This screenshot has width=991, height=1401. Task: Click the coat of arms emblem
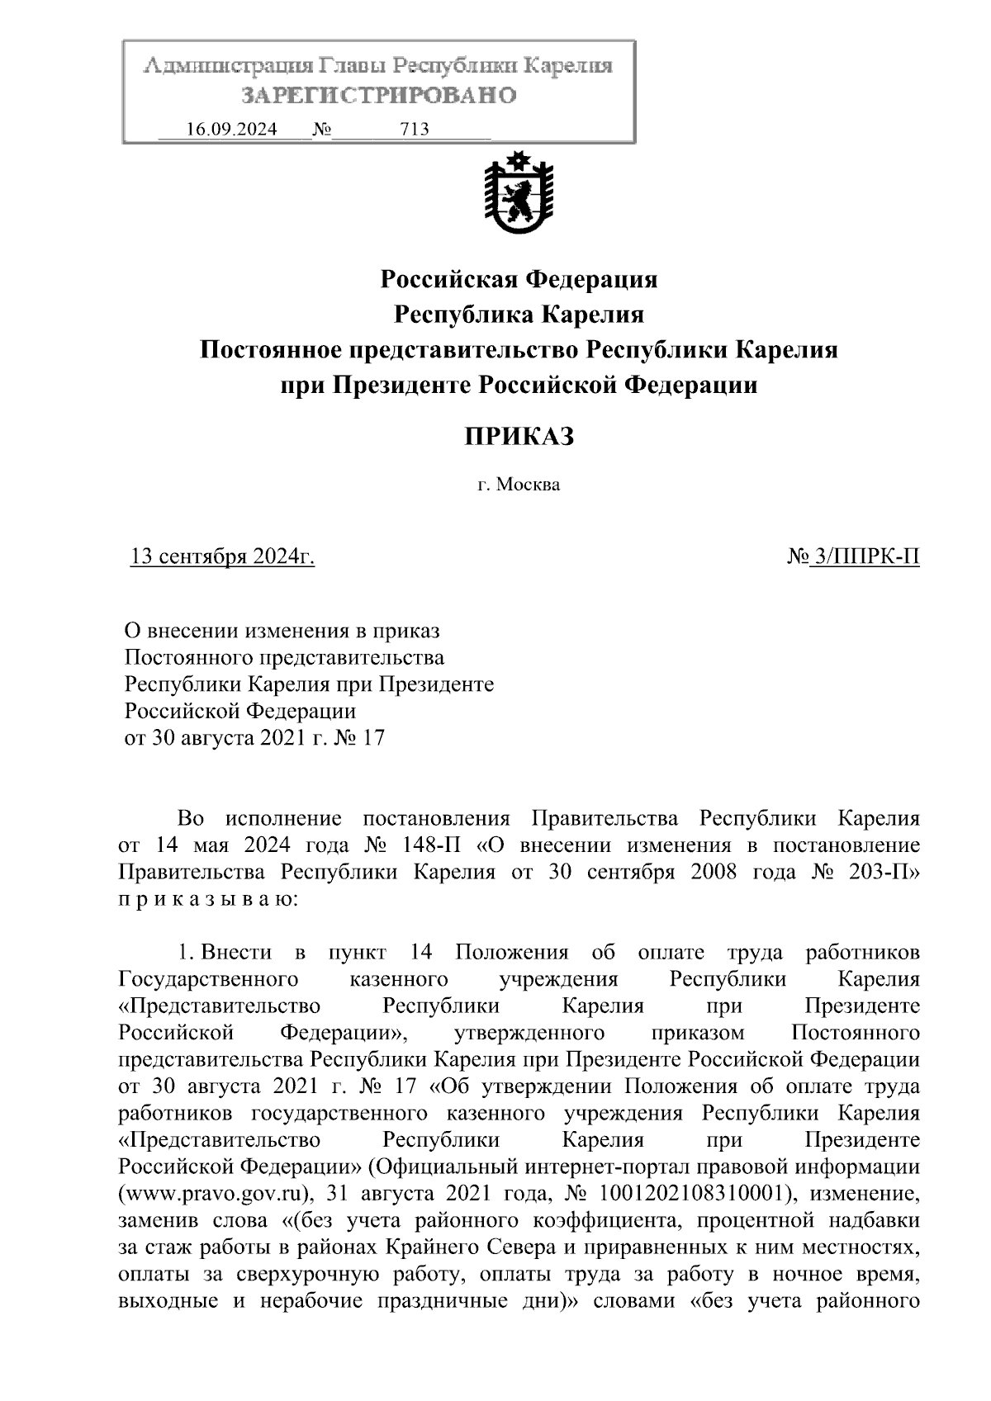(518, 194)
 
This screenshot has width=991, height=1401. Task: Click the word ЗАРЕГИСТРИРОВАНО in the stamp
(379, 96)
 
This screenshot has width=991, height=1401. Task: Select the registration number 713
(414, 130)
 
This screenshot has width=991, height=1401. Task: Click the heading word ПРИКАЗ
(518, 436)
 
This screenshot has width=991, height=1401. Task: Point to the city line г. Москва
(519, 485)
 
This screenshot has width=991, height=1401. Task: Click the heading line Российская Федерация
(519, 279)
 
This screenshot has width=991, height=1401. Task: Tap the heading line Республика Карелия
(519, 315)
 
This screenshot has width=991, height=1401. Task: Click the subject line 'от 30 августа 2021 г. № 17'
(254, 737)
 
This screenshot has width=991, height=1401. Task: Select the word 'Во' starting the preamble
(190, 819)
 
